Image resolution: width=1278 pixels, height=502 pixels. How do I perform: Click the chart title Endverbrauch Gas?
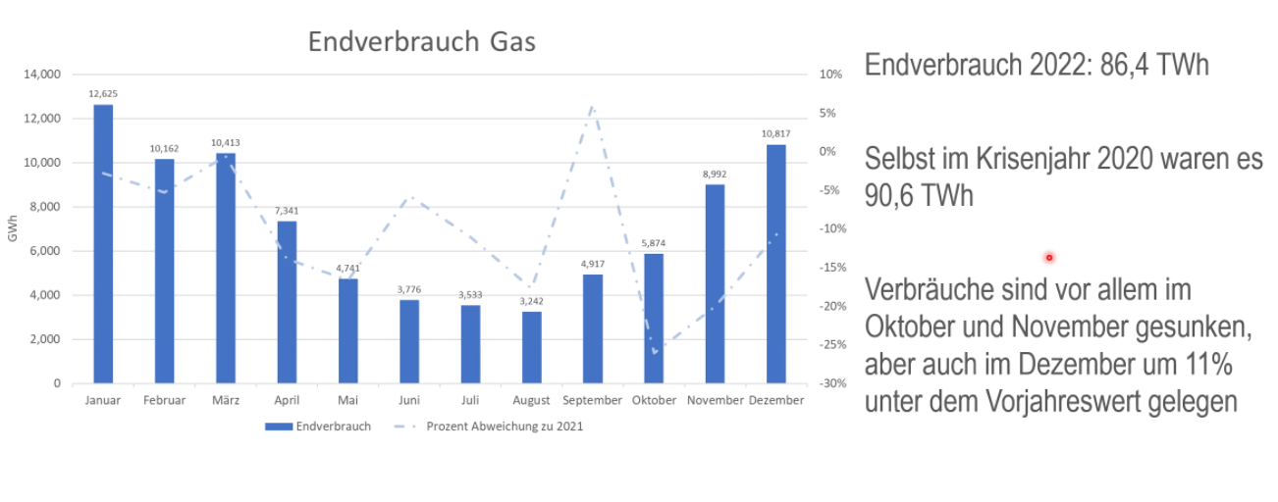coord(422,42)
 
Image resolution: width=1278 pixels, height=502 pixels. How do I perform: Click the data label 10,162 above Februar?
coord(164,148)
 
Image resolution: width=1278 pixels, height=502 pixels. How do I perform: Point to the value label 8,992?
coord(715,174)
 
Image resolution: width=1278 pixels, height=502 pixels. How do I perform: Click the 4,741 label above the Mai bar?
coord(348,268)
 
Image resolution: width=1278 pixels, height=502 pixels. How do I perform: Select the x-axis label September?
coord(593,401)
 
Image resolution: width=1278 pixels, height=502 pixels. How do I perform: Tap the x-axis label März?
coord(226,401)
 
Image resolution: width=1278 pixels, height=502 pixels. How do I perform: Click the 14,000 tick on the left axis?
coord(42,75)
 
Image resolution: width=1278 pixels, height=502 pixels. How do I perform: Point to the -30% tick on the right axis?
coord(830,383)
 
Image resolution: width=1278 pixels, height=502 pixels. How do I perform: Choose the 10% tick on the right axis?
coord(830,75)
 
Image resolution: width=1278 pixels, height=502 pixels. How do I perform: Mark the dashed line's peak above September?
coord(593,106)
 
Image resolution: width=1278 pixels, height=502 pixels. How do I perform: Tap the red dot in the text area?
coord(1049,257)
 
